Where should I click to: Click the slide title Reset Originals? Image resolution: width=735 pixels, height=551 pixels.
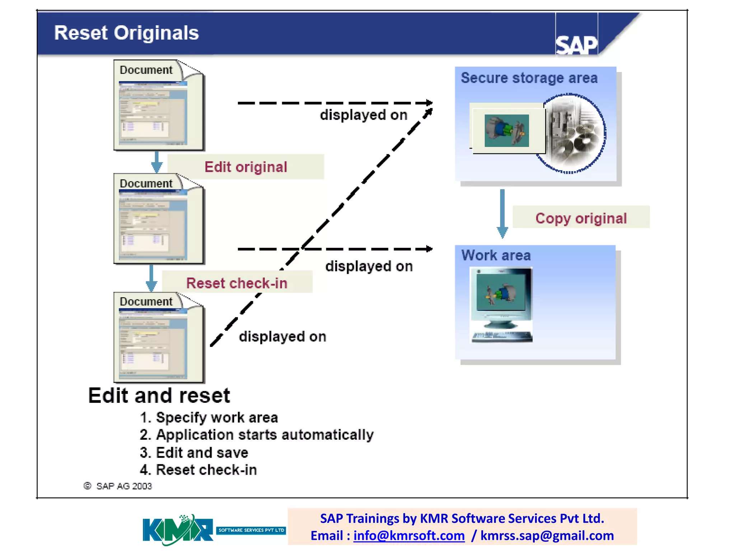pos(126,33)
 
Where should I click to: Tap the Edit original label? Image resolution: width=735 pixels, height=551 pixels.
pos(246,167)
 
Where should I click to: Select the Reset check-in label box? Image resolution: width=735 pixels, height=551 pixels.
pos(237,283)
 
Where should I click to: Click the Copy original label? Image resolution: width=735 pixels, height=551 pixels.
pos(581,218)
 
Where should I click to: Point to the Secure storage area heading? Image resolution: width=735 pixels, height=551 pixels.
pos(529,78)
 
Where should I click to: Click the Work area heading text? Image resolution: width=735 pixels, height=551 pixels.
pos(496,255)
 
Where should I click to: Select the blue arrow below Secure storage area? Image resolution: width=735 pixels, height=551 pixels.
pos(502,213)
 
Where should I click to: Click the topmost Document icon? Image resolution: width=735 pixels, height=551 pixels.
pos(159,105)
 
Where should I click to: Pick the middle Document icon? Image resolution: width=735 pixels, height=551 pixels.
pos(159,219)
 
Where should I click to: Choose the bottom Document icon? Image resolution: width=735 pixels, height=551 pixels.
pos(159,337)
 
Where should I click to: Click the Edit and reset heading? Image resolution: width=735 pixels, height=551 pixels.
pos(159,396)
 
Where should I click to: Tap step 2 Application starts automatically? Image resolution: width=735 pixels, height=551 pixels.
pos(257,435)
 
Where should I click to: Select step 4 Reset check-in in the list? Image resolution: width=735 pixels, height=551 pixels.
pos(198,470)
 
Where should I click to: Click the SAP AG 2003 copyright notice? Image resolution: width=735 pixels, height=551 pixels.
pos(118,486)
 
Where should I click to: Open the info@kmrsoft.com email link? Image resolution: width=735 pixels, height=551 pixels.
pos(409,536)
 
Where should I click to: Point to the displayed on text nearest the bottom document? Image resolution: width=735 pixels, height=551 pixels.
pos(282,336)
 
